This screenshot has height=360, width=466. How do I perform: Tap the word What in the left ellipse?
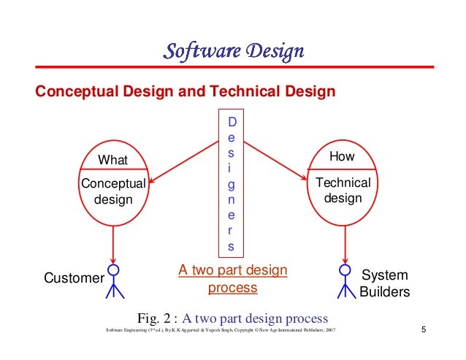112,160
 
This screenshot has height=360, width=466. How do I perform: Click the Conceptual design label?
113,191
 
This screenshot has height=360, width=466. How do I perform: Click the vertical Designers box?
232,183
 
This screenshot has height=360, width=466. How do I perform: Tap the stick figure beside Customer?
113,281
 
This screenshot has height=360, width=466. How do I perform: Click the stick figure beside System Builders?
345,281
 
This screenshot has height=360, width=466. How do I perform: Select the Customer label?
74,278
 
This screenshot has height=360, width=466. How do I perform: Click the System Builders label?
385,283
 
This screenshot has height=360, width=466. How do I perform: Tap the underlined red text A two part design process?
233,279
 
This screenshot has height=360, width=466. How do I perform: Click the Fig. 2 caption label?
158,318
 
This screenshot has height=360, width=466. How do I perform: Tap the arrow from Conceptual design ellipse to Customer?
113,245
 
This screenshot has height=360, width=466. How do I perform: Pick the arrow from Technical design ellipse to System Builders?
344,245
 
